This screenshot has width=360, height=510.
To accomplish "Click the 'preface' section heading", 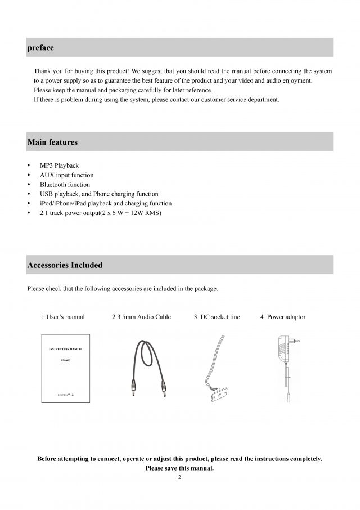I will tap(40, 48).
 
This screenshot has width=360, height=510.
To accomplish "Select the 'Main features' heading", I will tap(52, 142).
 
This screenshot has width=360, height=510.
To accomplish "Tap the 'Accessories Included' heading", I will tap(65, 265).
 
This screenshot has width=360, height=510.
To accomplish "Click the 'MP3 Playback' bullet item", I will tap(59, 165).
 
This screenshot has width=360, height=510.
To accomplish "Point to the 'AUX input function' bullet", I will tap(66, 175).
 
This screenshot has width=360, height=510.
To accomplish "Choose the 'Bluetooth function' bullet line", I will tap(65, 185).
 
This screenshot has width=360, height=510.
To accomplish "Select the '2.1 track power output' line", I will tap(100, 213).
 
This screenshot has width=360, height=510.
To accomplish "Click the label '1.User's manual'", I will tap(63, 317).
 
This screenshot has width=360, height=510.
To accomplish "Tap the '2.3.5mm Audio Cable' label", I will tap(141, 317).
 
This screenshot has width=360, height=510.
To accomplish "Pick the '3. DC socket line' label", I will tap(217, 317).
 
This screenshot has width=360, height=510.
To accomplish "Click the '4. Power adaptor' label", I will tap(283, 317).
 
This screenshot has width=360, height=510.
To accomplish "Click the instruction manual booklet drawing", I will tap(66, 368).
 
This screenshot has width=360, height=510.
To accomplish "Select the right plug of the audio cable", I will tap(164, 390).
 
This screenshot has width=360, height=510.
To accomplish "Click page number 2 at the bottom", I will tap(179, 477).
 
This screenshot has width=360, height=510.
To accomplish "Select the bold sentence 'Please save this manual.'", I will tap(179, 468).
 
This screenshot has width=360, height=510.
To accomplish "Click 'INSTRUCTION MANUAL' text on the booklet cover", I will tap(66, 349).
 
